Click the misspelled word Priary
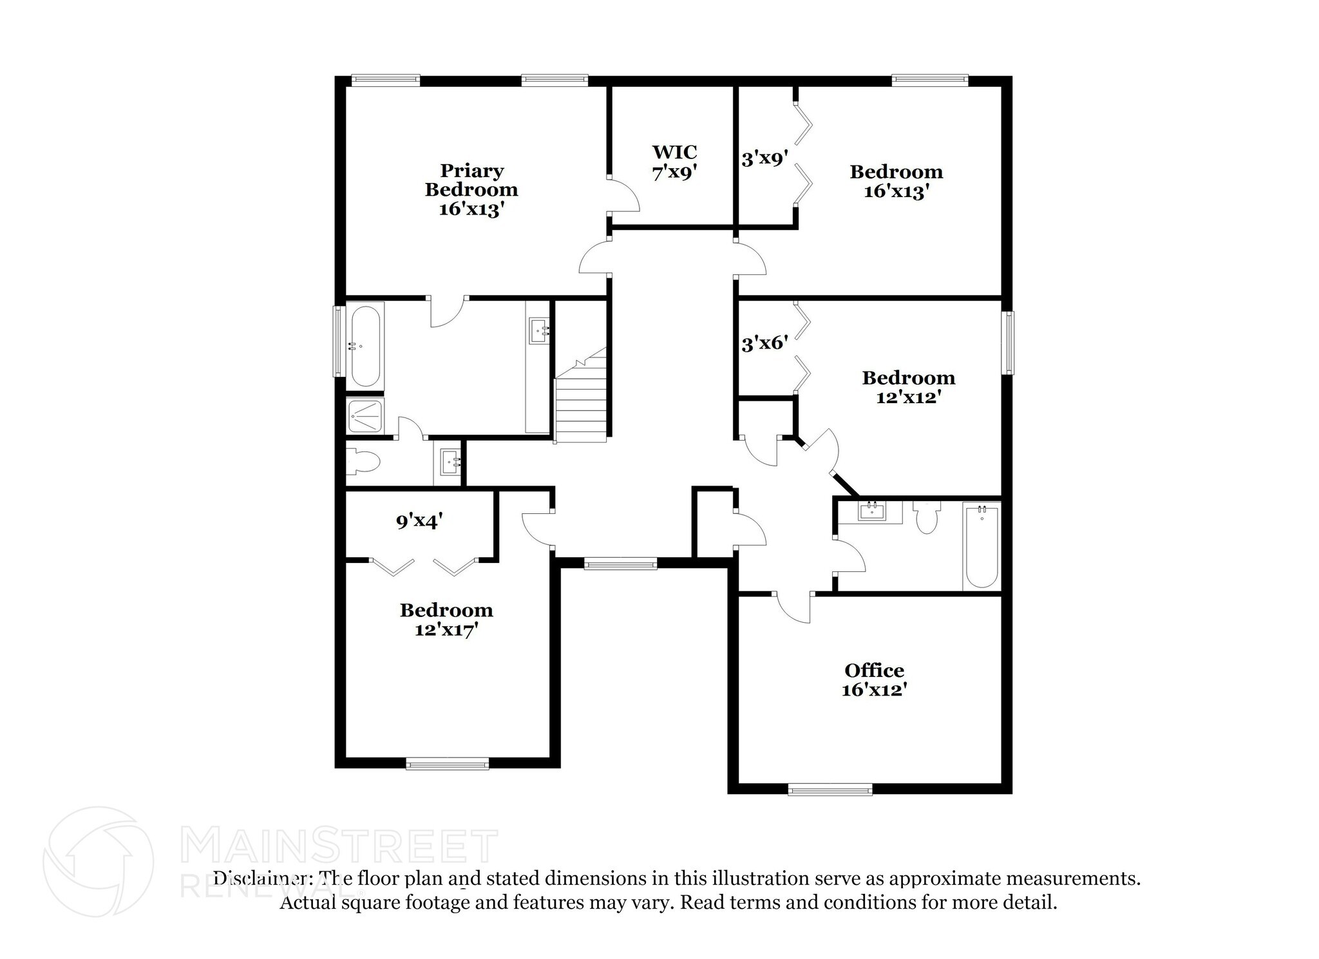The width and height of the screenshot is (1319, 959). [471, 171]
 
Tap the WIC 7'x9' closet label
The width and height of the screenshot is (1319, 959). [674, 162]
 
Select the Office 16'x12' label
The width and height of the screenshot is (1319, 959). [874, 679]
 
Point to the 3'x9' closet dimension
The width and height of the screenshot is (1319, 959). [764, 158]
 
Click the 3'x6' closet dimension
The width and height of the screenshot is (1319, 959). [764, 343]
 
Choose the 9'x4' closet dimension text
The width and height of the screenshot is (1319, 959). [419, 520]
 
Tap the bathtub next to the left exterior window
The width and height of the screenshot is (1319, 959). [365, 346]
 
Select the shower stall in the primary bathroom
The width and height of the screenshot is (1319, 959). [365, 415]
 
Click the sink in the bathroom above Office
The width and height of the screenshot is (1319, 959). [872, 512]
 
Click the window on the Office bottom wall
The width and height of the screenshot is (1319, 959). [830, 789]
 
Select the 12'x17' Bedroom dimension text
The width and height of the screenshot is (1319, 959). [446, 629]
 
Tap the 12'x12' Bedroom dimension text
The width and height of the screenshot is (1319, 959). [908, 397]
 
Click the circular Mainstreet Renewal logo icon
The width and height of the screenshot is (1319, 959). [99, 861]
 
